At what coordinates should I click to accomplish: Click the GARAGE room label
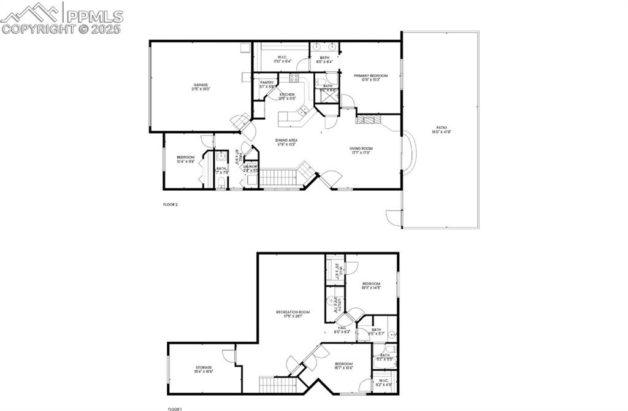[201, 85]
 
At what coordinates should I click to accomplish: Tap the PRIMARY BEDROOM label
[370, 75]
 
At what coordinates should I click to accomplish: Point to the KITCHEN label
[287, 94]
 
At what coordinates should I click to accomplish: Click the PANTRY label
[267, 82]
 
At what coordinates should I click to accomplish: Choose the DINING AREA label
[286, 140]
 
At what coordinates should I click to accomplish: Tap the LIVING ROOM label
[362, 148]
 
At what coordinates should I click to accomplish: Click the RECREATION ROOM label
[292, 312]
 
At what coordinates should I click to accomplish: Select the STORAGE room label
[204, 367]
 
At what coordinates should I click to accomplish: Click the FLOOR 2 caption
[170, 204]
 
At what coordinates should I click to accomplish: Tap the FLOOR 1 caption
[175, 409]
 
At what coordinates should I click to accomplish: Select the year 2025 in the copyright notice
[107, 29]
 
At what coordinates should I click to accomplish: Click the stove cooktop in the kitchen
[294, 77]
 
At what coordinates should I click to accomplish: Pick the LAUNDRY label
[250, 166]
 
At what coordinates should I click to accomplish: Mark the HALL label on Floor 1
[342, 328]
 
